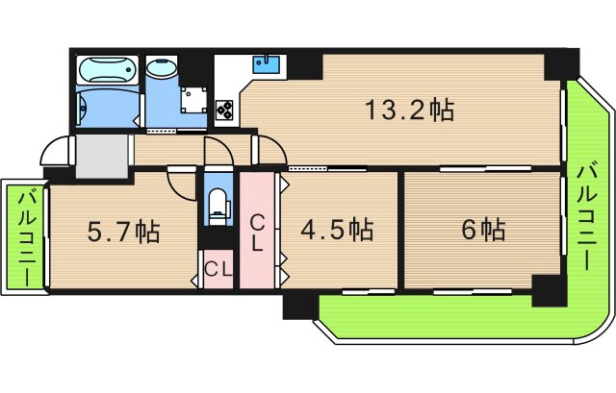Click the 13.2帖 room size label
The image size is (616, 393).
click(408, 109)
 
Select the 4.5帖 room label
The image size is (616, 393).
click(336, 230)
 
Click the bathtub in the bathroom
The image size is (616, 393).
click(106, 73)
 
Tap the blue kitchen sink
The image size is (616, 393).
click(266, 65)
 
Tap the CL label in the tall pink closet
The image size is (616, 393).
click(258, 233)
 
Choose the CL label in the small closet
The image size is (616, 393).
click(218, 269)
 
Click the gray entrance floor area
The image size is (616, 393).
click(102, 155)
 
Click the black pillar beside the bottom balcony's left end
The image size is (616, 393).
click(299, 306)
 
